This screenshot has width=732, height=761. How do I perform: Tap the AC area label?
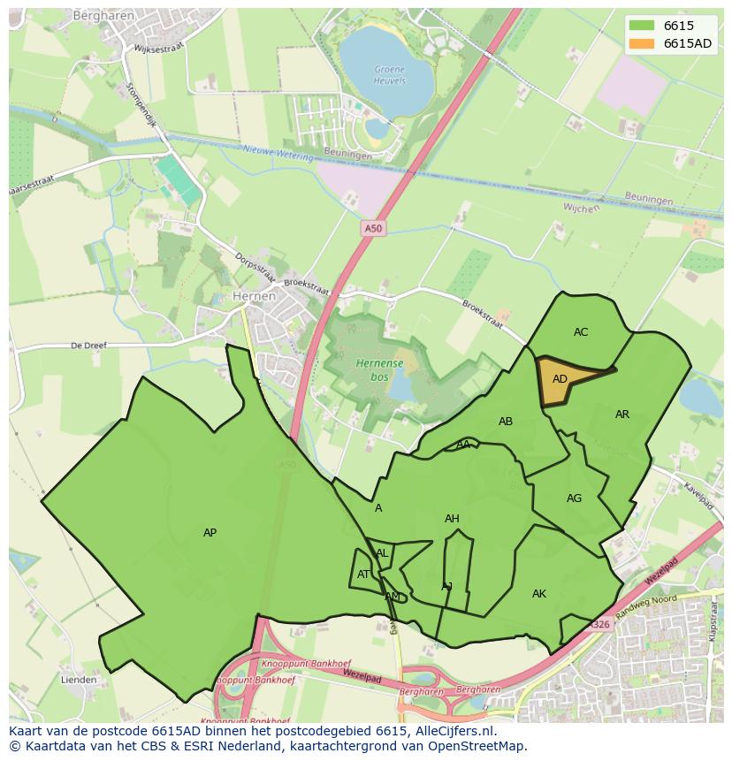pos(581,332)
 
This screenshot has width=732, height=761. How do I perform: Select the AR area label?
pos(622,415)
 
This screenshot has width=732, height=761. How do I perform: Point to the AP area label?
pos(210,533)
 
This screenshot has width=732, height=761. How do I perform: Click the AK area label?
pos(539,594)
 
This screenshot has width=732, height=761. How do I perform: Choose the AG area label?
pos(574,498)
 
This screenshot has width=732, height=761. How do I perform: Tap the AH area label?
pos(452,519)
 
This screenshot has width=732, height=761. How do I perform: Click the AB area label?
pos(506,422)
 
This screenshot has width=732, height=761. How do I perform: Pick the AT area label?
pos(364,575)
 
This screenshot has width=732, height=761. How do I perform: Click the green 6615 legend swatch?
pos(643,27)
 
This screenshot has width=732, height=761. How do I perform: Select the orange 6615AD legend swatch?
pos(643,44)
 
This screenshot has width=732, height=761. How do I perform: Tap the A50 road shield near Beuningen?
pos(374,229)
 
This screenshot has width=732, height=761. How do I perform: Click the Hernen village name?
pos(254,297)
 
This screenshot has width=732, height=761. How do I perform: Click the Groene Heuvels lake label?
pos(390,75)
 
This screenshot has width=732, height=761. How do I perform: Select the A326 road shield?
pos(600,625)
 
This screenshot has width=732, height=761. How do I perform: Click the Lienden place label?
pos(79,680)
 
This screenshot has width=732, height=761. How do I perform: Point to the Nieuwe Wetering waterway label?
pos(278,153)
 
